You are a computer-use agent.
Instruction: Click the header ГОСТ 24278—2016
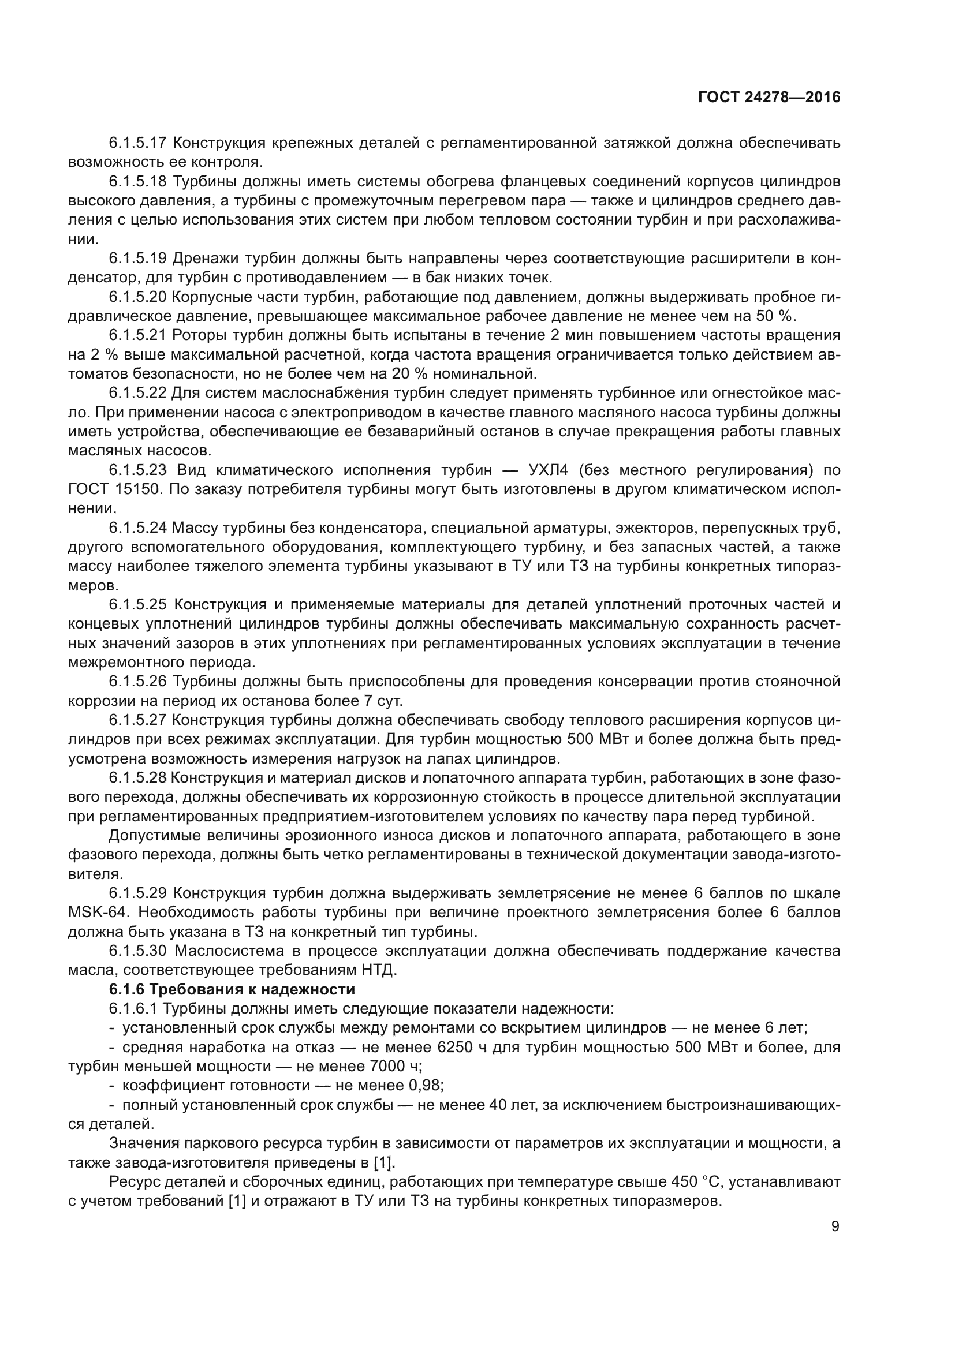pyautogui.click(x=769, y=97)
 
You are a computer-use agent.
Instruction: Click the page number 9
pyautogui.click(x=835, y=1226)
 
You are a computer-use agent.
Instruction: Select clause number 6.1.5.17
pyautogui.click(x=137, y=143)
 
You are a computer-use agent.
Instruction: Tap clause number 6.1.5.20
pyautogui.click(x=137, y=297)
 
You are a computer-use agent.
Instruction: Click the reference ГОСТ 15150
pyautogui.click(x=114, y=490)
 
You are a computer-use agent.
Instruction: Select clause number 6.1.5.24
pyautogui.click(x=137, y=528)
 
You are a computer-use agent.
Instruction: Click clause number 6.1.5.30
pyautogui.click(x=137, y=951)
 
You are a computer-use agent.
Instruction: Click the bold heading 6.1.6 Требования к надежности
pyautogui.click(x=232, y=990)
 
